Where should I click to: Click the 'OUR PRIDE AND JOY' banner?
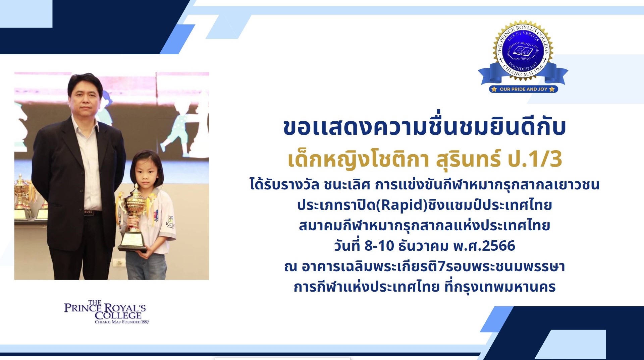[524, 89]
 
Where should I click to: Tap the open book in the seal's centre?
[523, 51]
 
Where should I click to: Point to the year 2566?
[498, 246]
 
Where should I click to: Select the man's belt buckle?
[88, 212]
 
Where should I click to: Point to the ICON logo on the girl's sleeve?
[170, 222]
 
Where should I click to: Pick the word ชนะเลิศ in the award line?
[347, 185]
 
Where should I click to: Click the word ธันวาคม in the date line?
[423, 246]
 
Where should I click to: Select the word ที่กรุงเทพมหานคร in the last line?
[500, 287]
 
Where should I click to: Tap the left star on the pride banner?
[494, 89]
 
